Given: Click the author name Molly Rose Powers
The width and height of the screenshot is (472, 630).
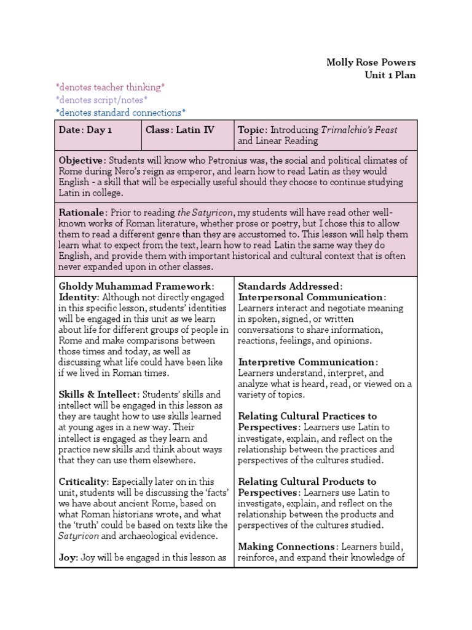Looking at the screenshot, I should [371, 62].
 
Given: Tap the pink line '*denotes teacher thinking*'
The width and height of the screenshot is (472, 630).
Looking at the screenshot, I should [110, 87].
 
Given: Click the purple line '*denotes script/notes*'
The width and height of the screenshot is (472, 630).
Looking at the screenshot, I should [101, 100].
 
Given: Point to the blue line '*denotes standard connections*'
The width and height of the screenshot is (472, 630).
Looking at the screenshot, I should [120, 112].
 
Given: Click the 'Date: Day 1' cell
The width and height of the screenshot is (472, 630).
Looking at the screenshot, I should [85, 130].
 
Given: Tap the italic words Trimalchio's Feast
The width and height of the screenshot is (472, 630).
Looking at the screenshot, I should [360, 130].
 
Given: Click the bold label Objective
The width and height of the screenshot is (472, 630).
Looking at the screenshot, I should [82, 160].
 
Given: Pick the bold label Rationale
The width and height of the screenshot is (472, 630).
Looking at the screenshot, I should [83, 212].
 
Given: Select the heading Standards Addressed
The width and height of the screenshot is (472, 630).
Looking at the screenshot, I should [289, 286].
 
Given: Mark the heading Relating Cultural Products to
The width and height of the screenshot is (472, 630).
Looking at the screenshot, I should [307, 481].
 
